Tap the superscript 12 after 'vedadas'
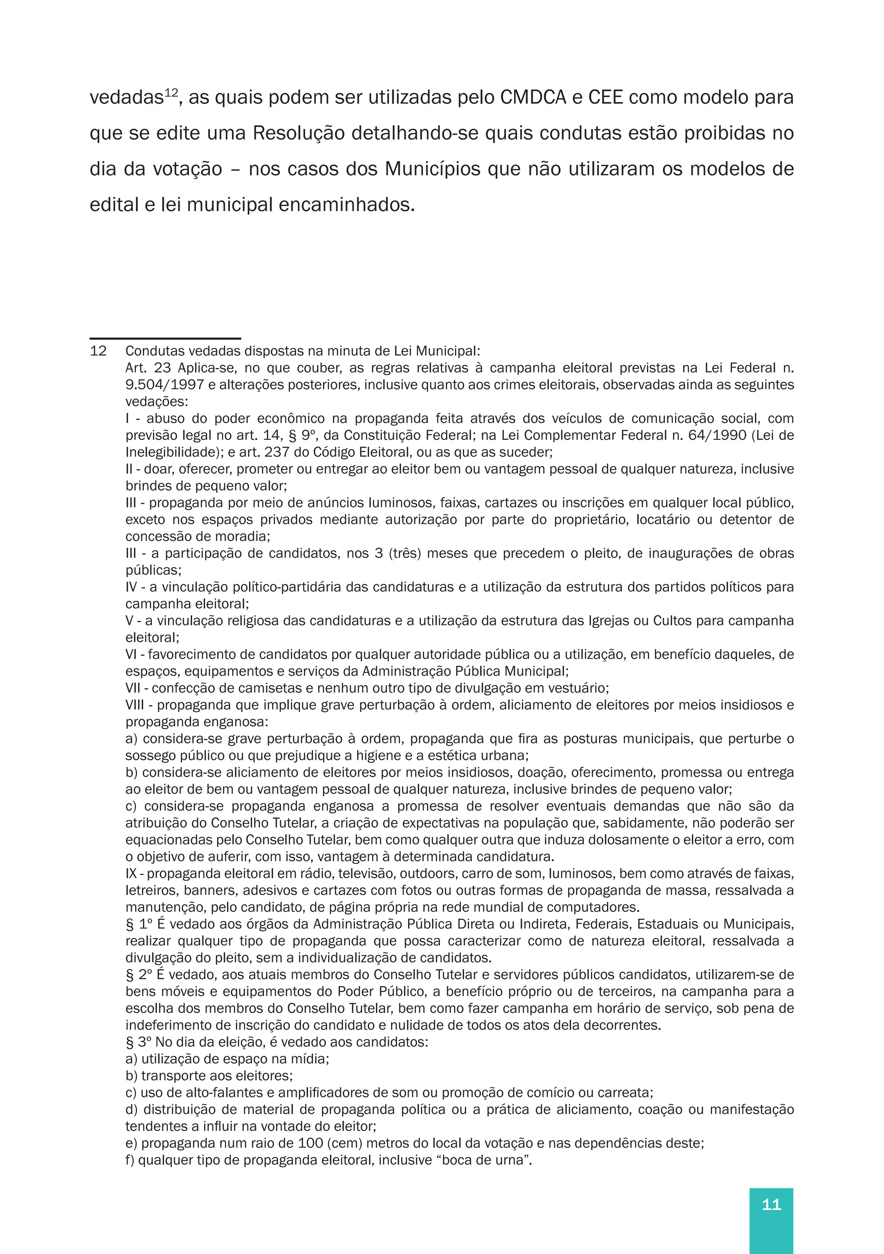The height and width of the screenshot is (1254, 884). pos(171,92)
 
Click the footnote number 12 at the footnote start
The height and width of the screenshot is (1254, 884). pos(98,351)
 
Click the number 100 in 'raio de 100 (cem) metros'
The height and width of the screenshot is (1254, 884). pos(310,1143)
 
